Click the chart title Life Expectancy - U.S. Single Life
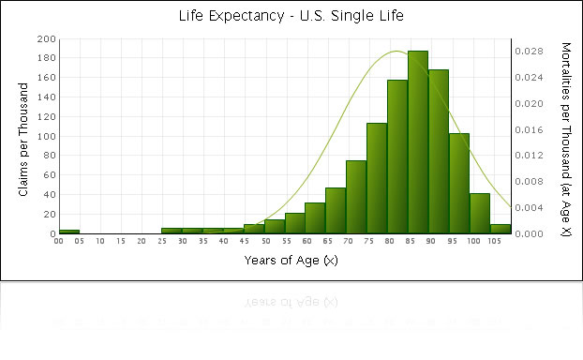(x=291, y=16)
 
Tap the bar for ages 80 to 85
(x=397, y=157)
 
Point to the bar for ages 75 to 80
(x=377, y=178)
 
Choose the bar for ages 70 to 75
(x=356, y=197)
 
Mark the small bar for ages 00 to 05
(x=69, y=231)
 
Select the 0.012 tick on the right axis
(x=529, y=156)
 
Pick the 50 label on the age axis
(x=265, y=241)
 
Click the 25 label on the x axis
(x=162, y=241)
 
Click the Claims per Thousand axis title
(x=24, y=136)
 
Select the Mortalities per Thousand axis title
(x=565, y=136)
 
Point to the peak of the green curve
(x=396, y=51)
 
